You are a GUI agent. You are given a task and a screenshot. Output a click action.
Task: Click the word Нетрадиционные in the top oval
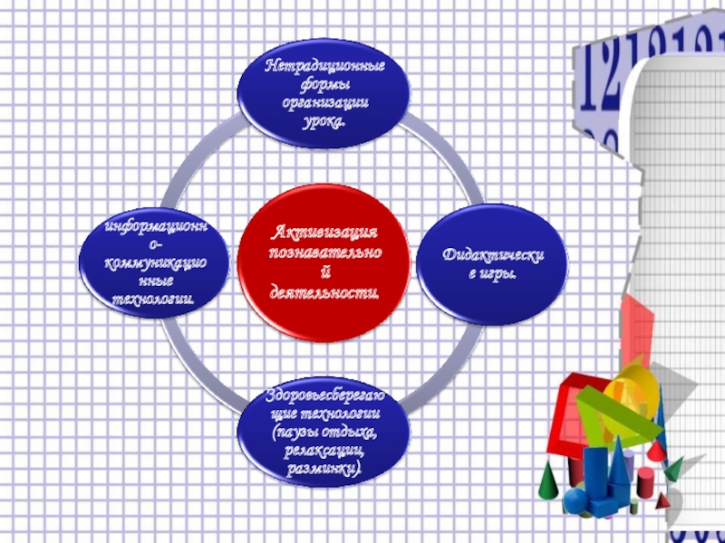[x=324, y=67]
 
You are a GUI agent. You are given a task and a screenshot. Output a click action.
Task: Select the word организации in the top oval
[x=324, y=101]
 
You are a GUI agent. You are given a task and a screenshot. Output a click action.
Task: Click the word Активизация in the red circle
[x=324, y=233]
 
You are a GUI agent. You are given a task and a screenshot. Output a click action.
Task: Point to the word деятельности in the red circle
[x=324, y=293]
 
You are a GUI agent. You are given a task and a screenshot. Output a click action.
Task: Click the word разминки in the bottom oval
[x=323, y=471]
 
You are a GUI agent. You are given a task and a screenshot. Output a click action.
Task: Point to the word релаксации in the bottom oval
[x=323, y=451]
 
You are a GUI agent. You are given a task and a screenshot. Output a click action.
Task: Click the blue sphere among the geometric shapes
[x=575, y=500]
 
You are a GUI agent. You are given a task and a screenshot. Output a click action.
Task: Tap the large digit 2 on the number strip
[x=610, y=74]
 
